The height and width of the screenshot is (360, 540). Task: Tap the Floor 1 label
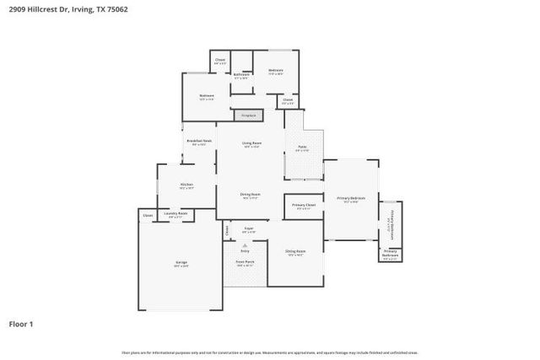(x=22, y=323)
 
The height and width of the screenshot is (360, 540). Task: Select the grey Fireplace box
(x=249, y=115)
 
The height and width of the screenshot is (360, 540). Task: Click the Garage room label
(x=181, y=263)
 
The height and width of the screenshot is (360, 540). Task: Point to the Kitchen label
(x=186, y=185)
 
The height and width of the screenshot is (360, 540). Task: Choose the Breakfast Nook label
(x=199, y=141)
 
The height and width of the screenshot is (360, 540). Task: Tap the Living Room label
(x=251, y=143)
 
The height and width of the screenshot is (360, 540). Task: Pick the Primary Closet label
(x=304, y=205)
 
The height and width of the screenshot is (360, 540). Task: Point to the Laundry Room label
(x=176, y=213)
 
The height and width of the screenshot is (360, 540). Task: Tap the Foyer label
(x=249, y=228)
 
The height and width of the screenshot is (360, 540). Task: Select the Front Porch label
(x=245, y=261)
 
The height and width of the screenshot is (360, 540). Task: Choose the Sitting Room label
(x=294, y=251)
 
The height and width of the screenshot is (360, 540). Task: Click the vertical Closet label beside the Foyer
(x=227, y=229)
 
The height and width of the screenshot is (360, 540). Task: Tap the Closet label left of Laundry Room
(x=148, y=215)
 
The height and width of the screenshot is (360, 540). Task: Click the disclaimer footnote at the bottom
(x=270, y=352)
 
